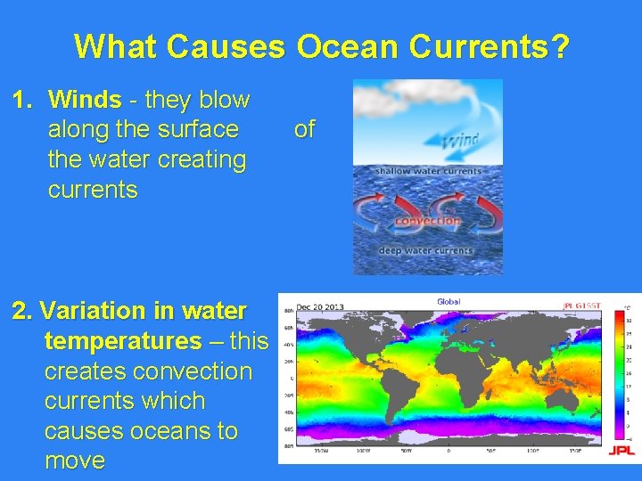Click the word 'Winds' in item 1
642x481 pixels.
85,100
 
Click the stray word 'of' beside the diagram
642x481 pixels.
304,130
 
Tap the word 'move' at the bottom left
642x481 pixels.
74,461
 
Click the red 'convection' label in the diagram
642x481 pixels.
427,221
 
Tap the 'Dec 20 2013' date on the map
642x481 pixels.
321,306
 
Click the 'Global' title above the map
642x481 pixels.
449,301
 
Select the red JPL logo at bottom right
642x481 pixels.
621,451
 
